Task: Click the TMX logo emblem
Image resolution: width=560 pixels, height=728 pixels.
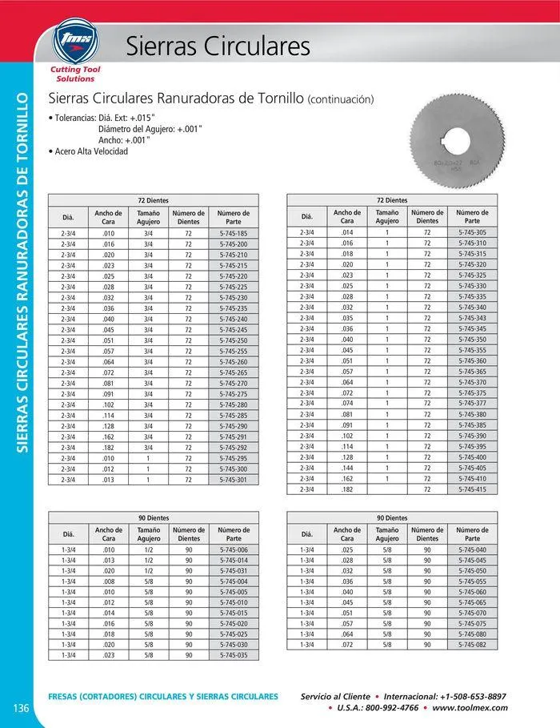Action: (74, 42)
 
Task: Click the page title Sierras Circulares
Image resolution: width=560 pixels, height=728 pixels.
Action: (218, 47)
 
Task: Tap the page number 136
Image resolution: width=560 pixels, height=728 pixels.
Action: (22, 706)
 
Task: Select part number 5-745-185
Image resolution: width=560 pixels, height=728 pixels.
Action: (233, 233)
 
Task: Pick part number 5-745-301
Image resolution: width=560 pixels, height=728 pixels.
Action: (233, 480)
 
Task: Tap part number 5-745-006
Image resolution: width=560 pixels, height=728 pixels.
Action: (233, 550)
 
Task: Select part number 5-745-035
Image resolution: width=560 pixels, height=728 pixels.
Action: (233, 655)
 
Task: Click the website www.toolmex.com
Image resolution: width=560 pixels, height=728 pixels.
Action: (470, 708)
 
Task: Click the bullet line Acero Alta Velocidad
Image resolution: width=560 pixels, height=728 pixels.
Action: (90, 151)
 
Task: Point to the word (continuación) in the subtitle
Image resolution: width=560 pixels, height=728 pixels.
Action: (341, 100)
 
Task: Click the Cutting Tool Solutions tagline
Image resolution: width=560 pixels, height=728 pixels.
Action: (74, 74)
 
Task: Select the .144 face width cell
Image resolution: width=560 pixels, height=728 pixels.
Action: (346, 467)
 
